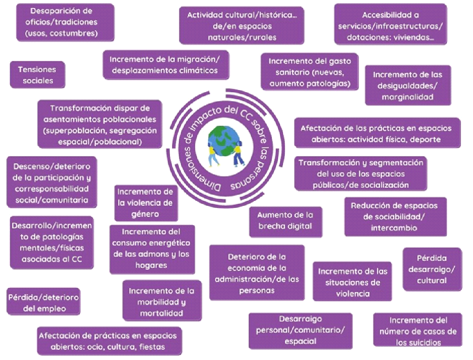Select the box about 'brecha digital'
(x=285, y=220)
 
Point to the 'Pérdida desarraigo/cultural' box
(x=426, y=269)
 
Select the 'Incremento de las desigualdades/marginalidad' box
(x=407, y=85)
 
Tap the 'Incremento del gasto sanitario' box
(x=310, y=72)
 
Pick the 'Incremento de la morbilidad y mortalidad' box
(x=161, y=302)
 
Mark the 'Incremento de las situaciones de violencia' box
(x=352, y=282)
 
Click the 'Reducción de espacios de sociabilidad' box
(x=395, y=216)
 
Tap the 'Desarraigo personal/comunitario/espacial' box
(x=300, y=330)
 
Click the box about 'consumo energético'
(x=152, y=249)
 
